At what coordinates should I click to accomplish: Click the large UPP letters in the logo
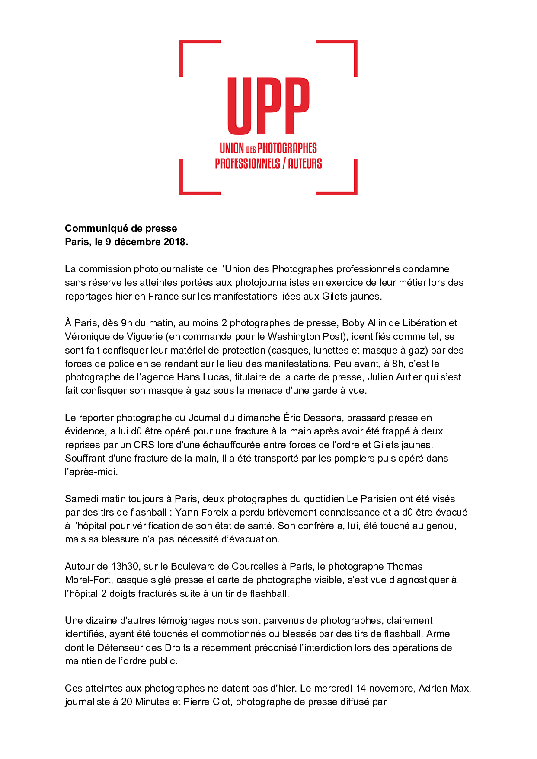click(268, 106)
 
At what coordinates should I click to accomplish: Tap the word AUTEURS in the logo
click(305, 163)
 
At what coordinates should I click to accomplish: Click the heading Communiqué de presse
click(121, 228)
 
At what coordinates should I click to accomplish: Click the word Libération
click(424, 323)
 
